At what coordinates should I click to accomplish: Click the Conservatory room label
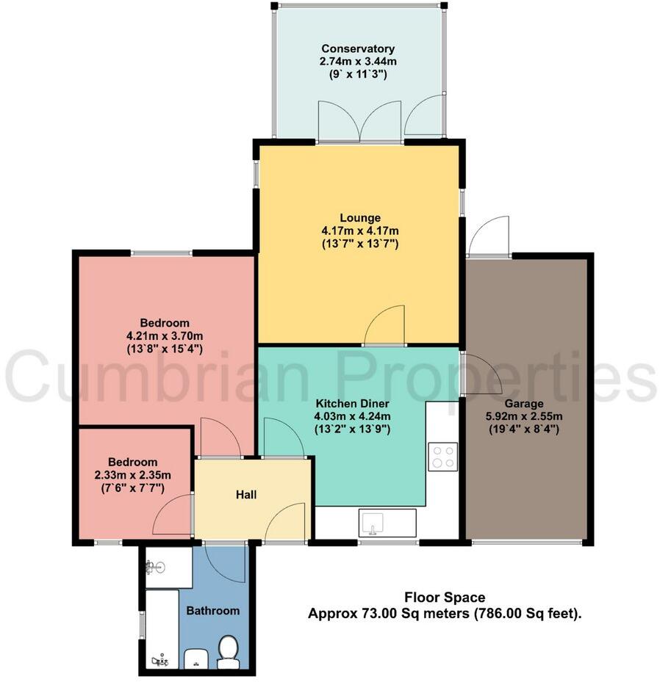pyautogui.click(x=358, y=48)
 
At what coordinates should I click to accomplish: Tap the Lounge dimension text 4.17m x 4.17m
pyautogui.click(x=360, y=231)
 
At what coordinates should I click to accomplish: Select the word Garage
pyautogui.click(x=524, y=404)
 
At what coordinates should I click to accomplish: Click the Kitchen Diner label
pyautogui.click(x=352, y=403)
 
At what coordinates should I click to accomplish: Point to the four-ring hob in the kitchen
pyautogui.click(x=442, y=457)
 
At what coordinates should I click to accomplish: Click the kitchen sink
pyautogui.click(x=372, y=523)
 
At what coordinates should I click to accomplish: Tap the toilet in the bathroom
pyautogui.click(x=228, y=652)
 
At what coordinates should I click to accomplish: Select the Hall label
pyautogui.click(x=246, y=495)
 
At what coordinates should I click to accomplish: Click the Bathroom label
pyautogui.click(x=213, y=611)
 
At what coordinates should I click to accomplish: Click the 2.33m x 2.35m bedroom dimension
pyautogui.click(x=132, y=475)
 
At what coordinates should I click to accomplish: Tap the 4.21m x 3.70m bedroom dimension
pyautogui.click(x=165, y=335)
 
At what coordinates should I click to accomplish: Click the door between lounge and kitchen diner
pyautogui.click(x=385, y=325)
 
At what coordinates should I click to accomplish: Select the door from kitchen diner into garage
pyautogui.click(x=482, y=374)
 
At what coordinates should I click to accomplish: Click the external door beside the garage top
pyautogui.click(x=489, y=235)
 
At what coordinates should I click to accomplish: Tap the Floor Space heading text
pyautogui.click(x=445, y=597)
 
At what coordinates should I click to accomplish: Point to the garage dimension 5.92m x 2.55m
pyautogui.click(x=524, y=416)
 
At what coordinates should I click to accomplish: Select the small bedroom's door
pyautogui.click(x=172, y=515)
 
